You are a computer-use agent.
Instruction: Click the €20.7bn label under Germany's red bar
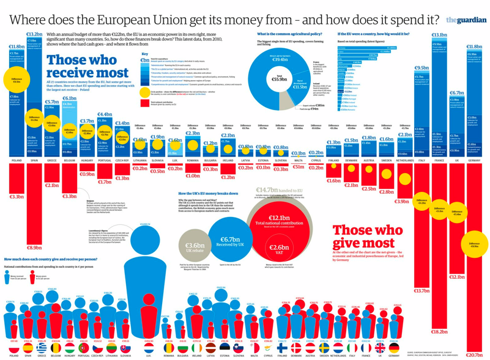click(474, 354)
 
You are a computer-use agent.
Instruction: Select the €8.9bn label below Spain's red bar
click(34, 248)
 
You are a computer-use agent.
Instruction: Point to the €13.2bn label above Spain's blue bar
click(34, 34)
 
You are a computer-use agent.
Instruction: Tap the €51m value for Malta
click(298, 166)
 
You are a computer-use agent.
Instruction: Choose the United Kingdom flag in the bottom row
click(380, 347)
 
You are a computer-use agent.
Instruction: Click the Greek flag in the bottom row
click(42, 347)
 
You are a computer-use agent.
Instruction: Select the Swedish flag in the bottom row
click(324, 347)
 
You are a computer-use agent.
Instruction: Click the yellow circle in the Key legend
click(144, 92)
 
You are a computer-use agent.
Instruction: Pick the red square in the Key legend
click(144, 103)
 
